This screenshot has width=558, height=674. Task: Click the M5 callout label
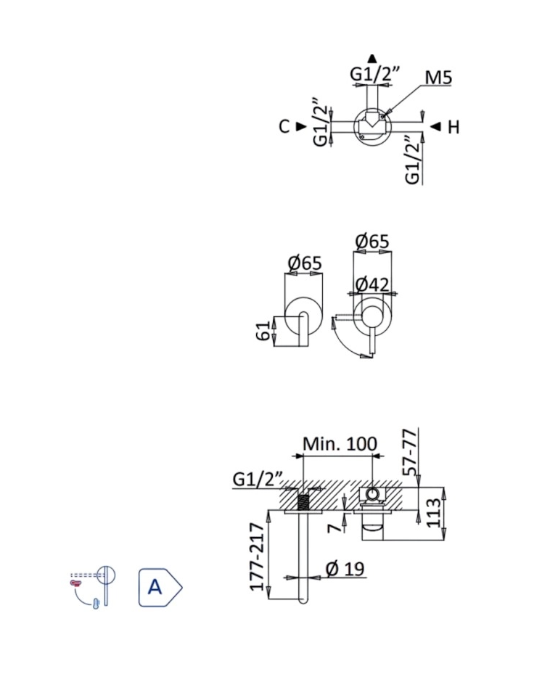coord(439,77)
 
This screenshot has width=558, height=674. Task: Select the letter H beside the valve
coord(454,128)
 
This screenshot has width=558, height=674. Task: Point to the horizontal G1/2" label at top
coord(375,74)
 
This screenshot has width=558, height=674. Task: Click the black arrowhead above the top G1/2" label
coord(372,58)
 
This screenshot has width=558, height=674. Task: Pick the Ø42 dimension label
coord(372,284)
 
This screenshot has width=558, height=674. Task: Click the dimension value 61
coord(263,330)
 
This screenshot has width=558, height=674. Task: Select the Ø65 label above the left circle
coord(305,263)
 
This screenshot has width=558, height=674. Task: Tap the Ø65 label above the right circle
coord(372,241)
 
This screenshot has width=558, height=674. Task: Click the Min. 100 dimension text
coord(340,443)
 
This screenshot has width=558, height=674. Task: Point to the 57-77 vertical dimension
coord(411,452)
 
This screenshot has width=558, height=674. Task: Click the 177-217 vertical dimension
coord(256,556)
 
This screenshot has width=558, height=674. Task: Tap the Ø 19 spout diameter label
coord(345,569)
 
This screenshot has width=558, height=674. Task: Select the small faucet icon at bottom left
coord(92,586)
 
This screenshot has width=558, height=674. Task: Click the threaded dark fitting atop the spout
coord(305,501)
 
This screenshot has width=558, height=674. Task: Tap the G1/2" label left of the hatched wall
coord(258,479)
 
